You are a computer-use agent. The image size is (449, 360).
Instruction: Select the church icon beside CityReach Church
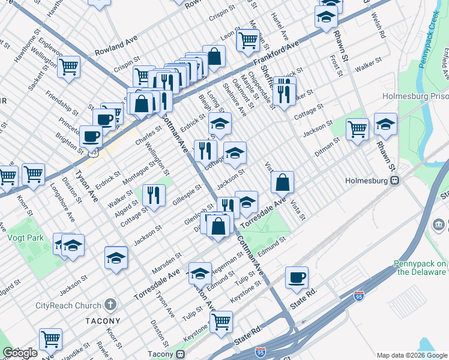[110, 304]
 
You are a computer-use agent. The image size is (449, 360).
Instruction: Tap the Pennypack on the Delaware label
[420, 268]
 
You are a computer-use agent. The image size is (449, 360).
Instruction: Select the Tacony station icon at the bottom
[180, 354]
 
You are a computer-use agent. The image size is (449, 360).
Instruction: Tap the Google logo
[20, 353]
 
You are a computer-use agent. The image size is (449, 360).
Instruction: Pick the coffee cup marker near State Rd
[297, 277]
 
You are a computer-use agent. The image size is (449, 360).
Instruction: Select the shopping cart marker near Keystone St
[221, 322]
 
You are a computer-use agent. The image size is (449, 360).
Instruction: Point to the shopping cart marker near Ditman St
[357, 128]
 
